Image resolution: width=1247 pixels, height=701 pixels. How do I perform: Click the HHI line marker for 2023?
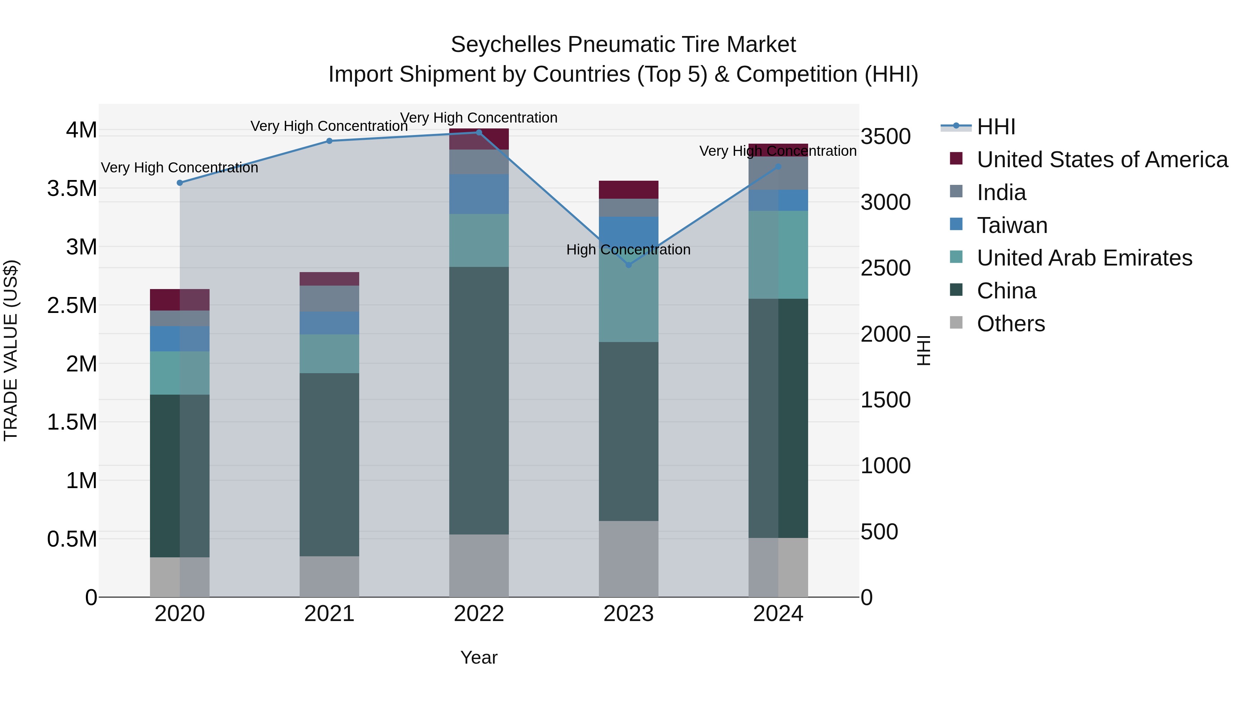pyautogui.click(x=628, y=264)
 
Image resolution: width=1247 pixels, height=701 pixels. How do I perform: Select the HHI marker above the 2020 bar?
pyautogui.click(x=179, y=183)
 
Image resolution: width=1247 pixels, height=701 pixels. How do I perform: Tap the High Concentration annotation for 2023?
pyautogui.click(x=628, y=250)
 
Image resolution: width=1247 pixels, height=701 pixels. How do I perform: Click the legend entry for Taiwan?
pyautogui.click(x=1012, y=225)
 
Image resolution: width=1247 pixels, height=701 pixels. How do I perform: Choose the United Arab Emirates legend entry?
pyautogui.click(x=1084, y=258)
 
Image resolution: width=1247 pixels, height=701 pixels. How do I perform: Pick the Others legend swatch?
pyautogui.click(x=956, y=323)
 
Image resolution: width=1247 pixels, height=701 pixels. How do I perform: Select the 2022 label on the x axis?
pyautogui.click(x=479, y=614)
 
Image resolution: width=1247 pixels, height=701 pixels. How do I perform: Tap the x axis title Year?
pyautogui.click(x=479, y=657)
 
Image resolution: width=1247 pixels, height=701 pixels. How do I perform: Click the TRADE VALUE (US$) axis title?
pyautogui.click(x=11, y=350)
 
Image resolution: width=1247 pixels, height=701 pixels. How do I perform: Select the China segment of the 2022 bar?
pyautogui.click(x=479, y=401)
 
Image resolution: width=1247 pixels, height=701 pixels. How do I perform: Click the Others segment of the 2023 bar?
pyautogui.click(x=628, y=559)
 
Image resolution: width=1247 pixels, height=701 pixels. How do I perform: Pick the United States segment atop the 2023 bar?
pyautogui.click(x=628, y=190)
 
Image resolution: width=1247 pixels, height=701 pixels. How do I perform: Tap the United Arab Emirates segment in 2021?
pyautogui.click(x=329, y=354)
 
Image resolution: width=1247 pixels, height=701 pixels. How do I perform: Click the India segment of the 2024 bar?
pyautogui.click(x=778, y=173)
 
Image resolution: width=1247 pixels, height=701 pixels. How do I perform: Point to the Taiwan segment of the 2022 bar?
pyautogui.click(x=479, y=194)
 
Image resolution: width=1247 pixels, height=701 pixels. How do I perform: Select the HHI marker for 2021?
pyautogui.click(x=329, y=141)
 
